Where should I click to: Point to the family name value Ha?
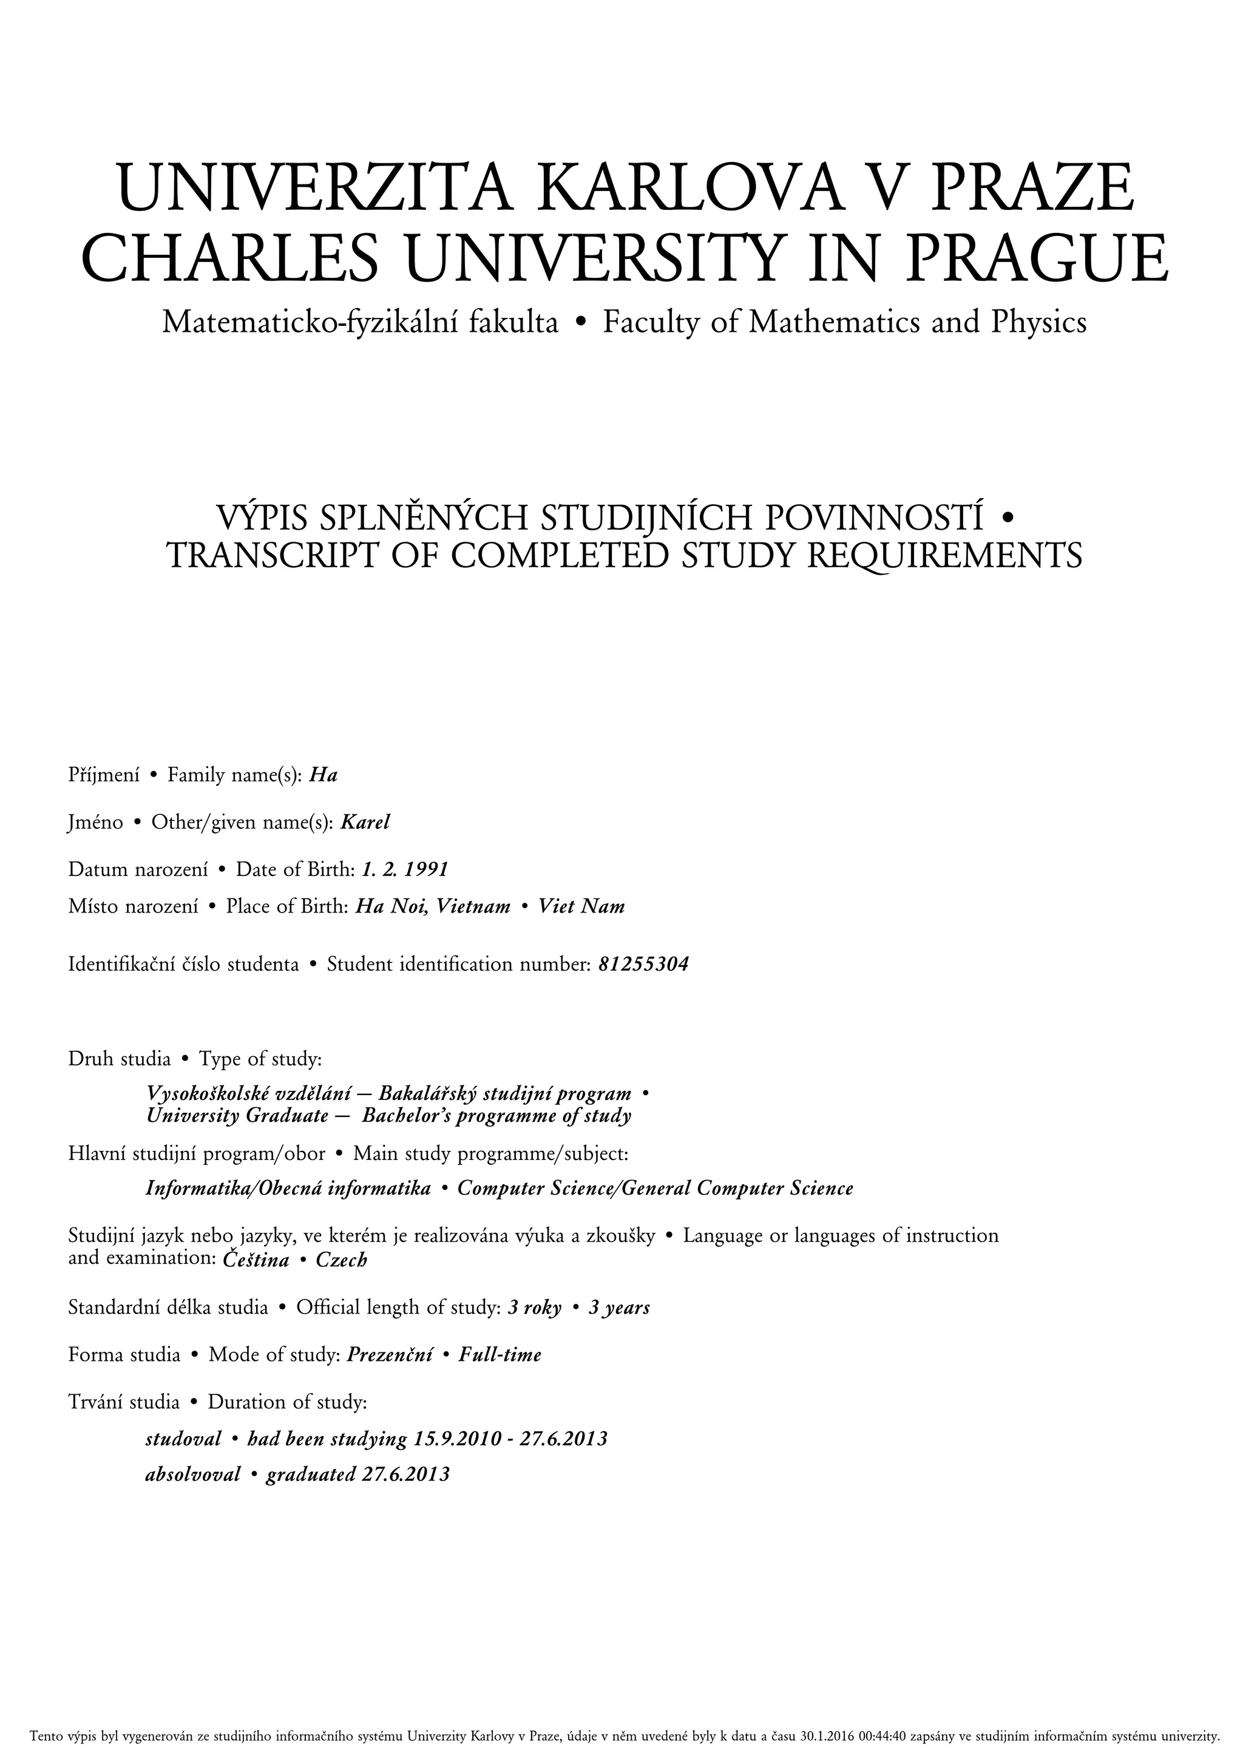323,776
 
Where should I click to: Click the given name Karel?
366,823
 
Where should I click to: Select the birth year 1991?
425,870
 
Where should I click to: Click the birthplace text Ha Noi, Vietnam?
433,907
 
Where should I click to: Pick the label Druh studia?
120,1059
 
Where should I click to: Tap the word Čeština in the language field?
256,1260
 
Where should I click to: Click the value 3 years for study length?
619,1308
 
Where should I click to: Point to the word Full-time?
500,1355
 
